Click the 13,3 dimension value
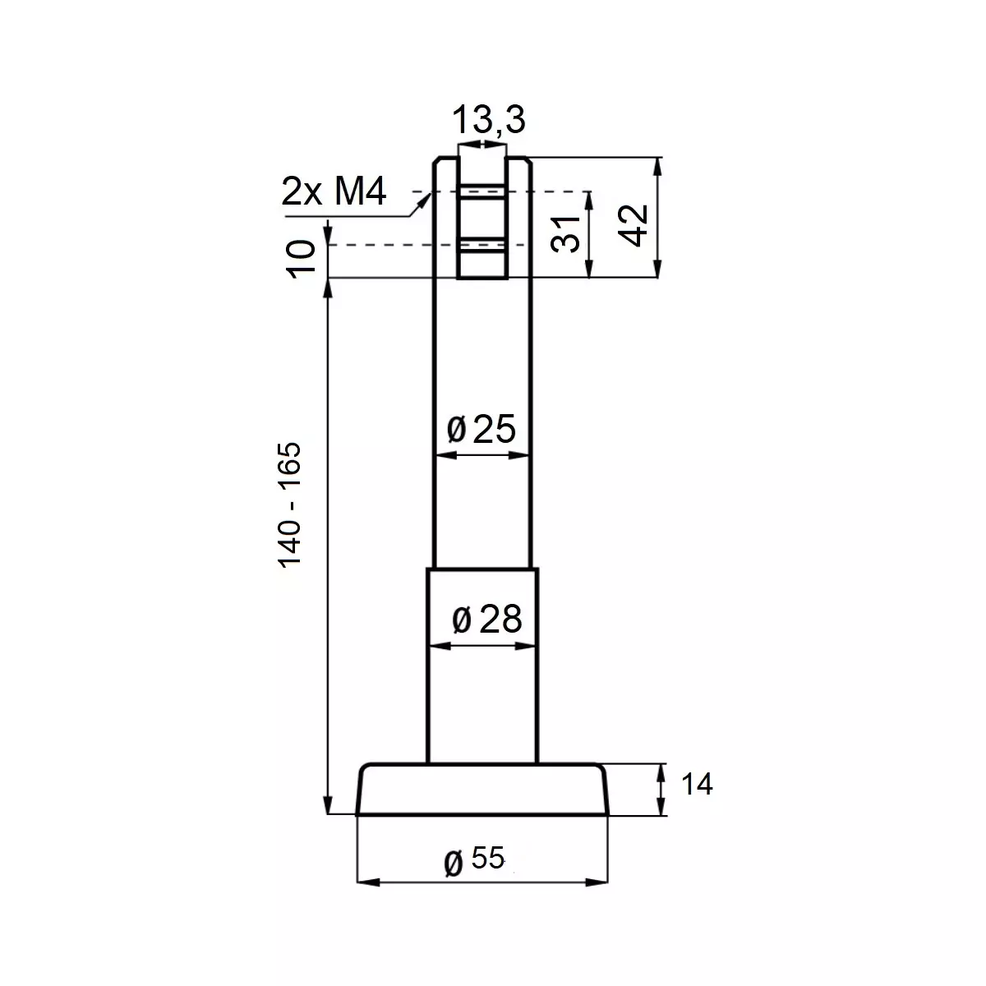pyautogui.click(x=489, y=120)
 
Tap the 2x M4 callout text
pyautogui.click(x=334, y=192)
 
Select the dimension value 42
pyautogui.click(x=634, y=226)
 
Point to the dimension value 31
pyautogui.click(x=565, y=234)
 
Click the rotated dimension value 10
pyautogui.click(x=301, y=259)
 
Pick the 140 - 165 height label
pyautogui.click(x=289, y=505)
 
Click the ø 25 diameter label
pyautogui.click(x=481, y=429)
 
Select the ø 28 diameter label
pyautogui.click(x=487, y=620)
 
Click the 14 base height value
pyautogui.click(x=697, y=784)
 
